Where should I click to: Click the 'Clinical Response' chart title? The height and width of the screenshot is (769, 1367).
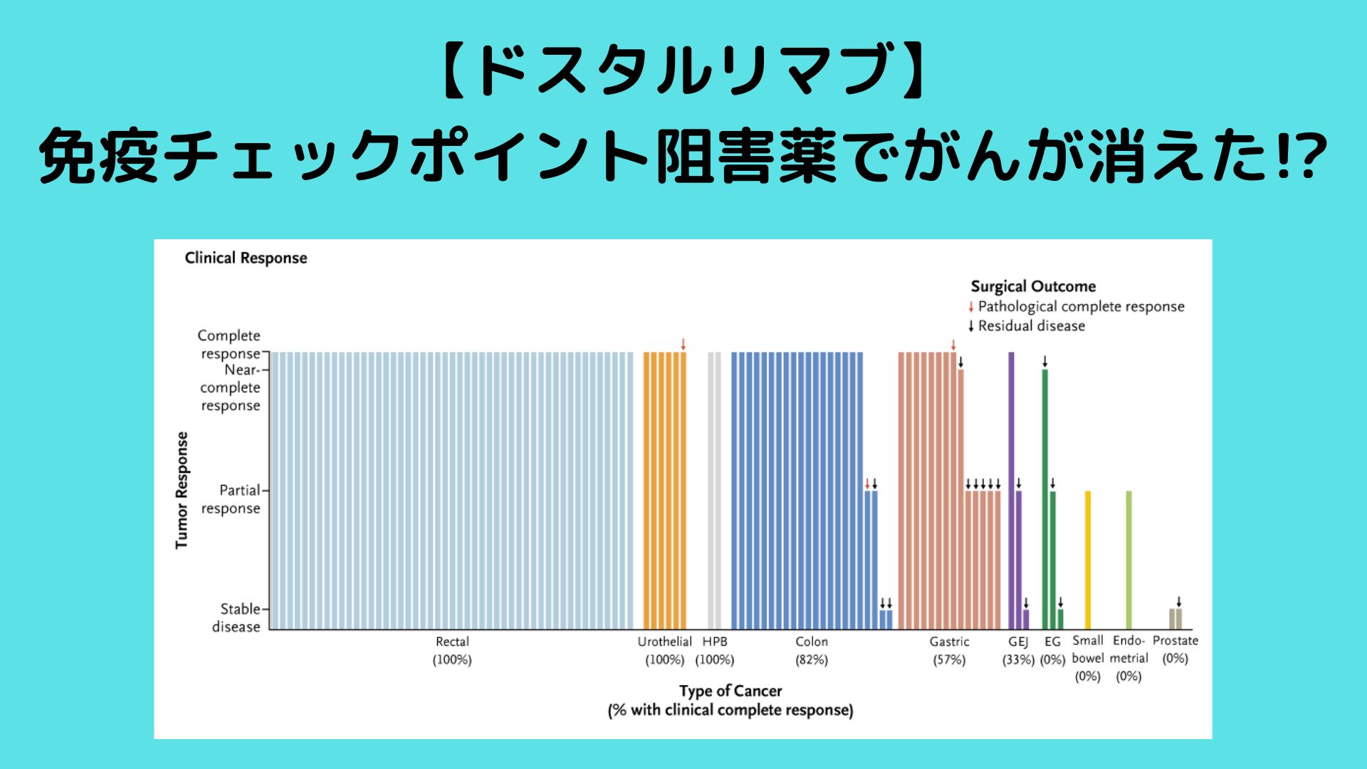coord(246,258)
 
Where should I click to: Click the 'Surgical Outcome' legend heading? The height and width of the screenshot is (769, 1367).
coord(1032,286)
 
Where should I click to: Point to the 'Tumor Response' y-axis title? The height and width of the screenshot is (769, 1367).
coord(182,490)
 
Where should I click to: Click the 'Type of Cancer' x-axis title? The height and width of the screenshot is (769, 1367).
coord(730,691)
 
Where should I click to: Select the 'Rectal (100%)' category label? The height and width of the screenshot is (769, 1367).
coord(452,650)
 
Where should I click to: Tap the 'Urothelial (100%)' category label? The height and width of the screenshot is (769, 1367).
coord(664,650)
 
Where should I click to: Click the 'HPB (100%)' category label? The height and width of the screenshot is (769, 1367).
coord(714,650)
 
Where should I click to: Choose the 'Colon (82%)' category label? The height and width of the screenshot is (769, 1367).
coord(811,650)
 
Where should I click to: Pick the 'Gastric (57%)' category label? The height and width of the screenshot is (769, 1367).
coord(949,650)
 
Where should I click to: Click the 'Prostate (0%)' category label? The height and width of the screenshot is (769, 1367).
coord(1175,649)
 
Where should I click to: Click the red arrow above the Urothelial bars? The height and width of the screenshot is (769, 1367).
coord(683,345)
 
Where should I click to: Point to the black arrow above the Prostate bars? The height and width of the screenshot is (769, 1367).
coord(1178,602)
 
